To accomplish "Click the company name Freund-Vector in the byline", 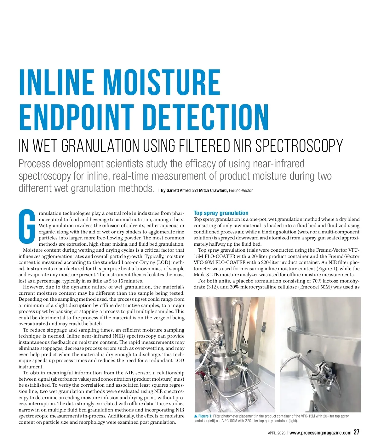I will (x=241, y=190).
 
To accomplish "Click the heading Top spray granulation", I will (x=221, y=213).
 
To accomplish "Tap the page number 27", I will (x=356, y=432).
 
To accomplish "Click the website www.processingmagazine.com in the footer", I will (x=320, y=433).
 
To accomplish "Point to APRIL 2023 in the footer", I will (x=277, y=433).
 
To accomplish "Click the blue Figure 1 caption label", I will (x=205, y=416).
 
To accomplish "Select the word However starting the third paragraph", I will (x=33, y=287).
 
